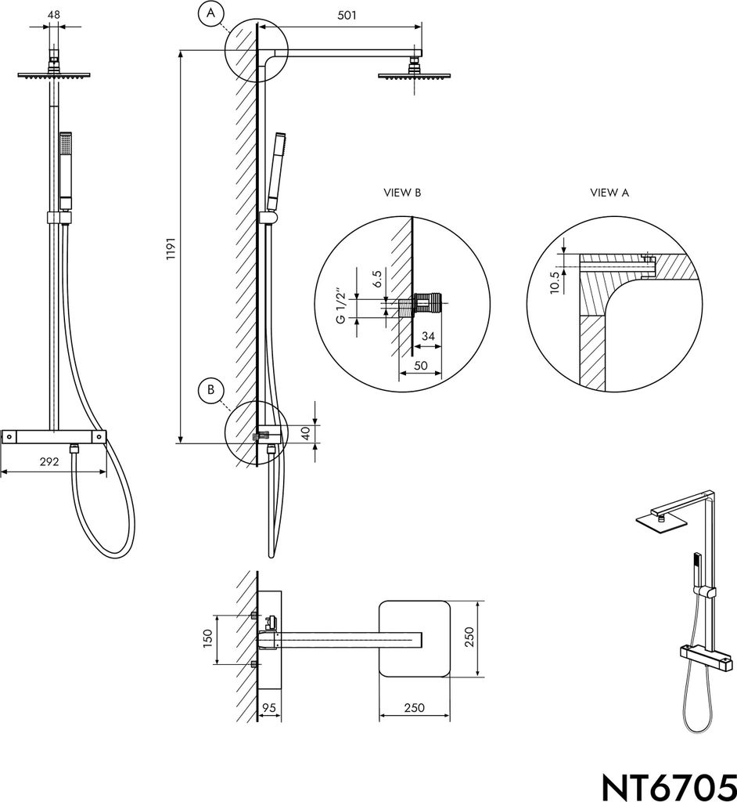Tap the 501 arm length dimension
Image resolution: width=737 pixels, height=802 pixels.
coord(347,15)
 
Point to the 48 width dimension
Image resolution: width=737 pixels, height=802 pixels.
coord(54,14)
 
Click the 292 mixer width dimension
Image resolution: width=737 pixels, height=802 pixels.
coord(49,461)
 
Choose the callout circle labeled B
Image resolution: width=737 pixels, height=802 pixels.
coord(211,390)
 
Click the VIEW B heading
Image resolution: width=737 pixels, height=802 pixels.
coord(402,193)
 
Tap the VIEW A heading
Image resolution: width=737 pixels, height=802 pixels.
coord(609,193)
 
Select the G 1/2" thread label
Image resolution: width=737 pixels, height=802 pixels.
coord(340,308)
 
